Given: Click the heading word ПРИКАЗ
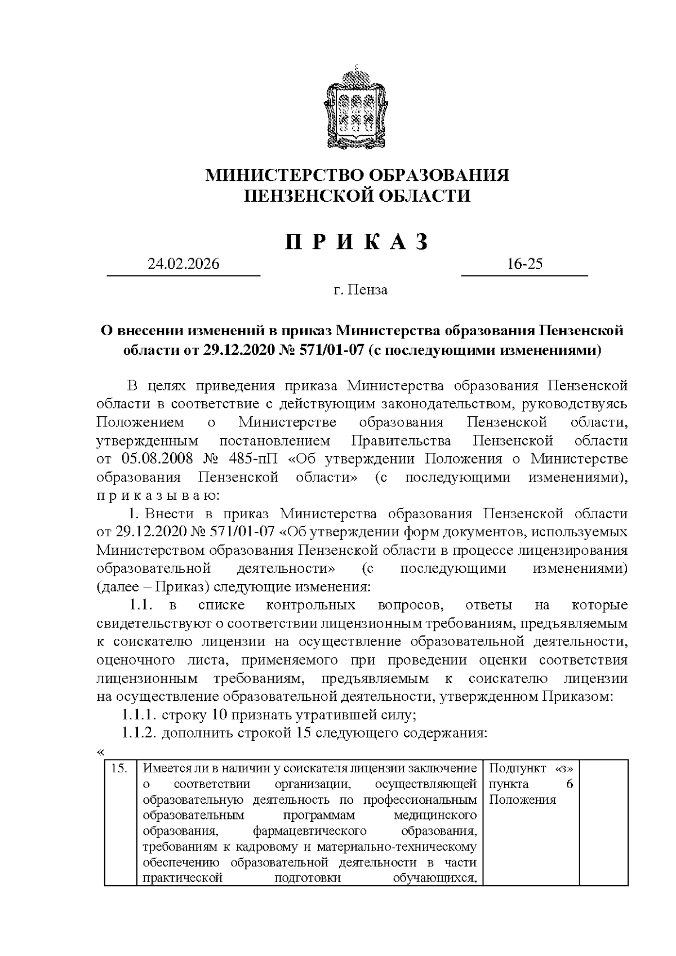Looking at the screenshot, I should [x=357, y=242].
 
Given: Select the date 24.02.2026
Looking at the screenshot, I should [x=184, y=264].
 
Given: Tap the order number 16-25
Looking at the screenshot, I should [x=524, y=264].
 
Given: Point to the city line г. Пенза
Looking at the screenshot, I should [x=360, y=290].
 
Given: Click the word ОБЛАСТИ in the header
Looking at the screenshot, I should [x=422, y=195].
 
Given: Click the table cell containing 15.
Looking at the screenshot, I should [x=120, y=768].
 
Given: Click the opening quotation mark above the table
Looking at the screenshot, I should [x=100, y=752].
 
